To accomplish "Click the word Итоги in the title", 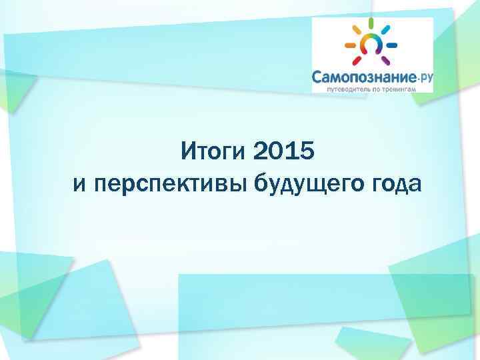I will [x=215, y=153].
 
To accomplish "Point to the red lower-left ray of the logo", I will [x=356, y=60].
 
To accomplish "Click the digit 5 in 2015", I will [x=305, y=153].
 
